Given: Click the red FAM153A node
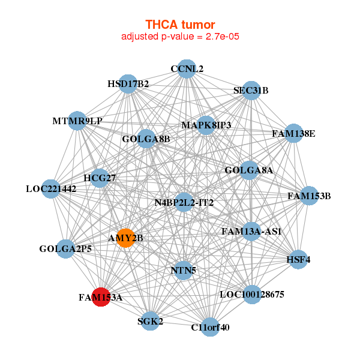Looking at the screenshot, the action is click(101, 297).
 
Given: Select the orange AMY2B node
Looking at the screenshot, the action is click(125, 238).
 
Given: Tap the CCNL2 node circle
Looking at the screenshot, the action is click(187, 68).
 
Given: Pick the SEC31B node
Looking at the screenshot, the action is click(251, 91).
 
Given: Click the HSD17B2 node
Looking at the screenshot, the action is click(128, 83).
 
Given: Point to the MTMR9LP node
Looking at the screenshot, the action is click(77, 121).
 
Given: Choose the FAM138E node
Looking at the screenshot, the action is click(293, 133).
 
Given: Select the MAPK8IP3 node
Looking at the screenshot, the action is click(206, 125).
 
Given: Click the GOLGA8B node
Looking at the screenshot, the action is click(146, 139).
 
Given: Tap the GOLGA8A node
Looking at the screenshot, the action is click(248, 170).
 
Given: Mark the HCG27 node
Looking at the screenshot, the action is click(100, 178).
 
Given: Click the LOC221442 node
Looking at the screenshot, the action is click(51, 188).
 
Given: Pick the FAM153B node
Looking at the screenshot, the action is click(308, 196).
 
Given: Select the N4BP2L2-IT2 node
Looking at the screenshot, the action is click(184, 202).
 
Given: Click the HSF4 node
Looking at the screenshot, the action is click(298, 259).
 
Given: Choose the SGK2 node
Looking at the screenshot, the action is click(150, 321).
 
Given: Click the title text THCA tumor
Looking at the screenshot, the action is click(180, 25).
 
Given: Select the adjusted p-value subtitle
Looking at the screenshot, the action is click(181, 37).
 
